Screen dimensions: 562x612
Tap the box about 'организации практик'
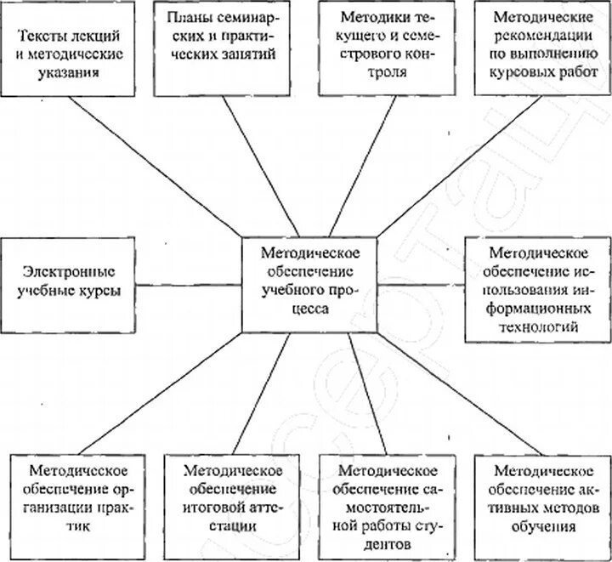tap(78, 501)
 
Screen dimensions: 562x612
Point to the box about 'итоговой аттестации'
tap(232, 501)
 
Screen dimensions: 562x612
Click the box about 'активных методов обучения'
tap(542, 501)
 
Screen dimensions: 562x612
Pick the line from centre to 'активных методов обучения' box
tap(455, 394)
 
